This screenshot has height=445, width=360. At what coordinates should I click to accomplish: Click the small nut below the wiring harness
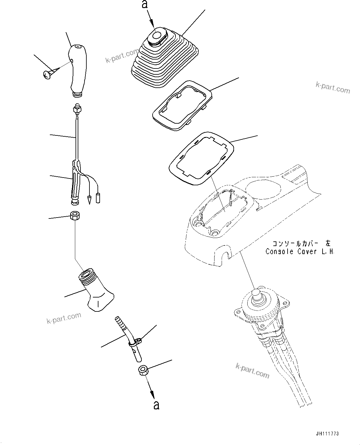coord(75,215)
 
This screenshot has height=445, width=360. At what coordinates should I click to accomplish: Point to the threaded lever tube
coord(95,289)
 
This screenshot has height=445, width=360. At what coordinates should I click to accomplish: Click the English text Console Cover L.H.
coord(300,251)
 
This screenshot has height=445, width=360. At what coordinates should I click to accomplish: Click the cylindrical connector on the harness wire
coord(98,197)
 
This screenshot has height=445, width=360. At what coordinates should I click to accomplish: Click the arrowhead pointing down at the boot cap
coord(153,23)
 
